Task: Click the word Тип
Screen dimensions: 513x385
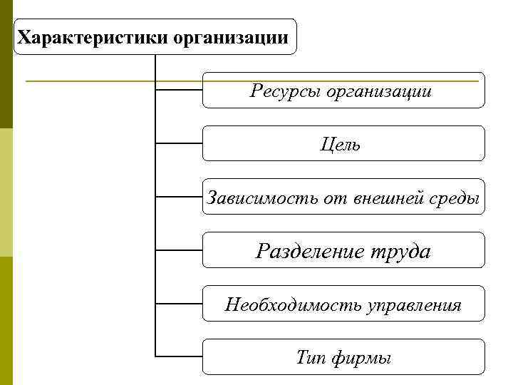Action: [x=311, y=358]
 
